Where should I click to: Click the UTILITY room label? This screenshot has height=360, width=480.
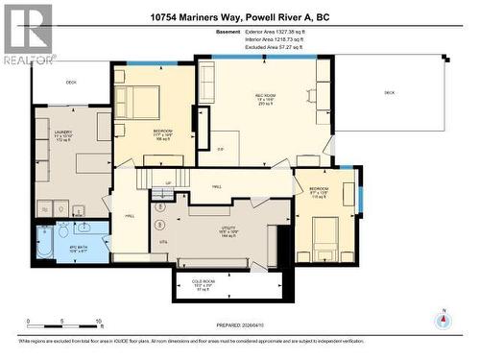pyautogui.click(x=229, y=230)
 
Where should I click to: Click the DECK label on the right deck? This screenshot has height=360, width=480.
pyautogui.click(x=389, y=92)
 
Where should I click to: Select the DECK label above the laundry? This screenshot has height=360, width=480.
pyautogui.click(x=70, y=83)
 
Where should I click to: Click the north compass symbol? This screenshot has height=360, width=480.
pyautogui.click(x=443, y=321)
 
